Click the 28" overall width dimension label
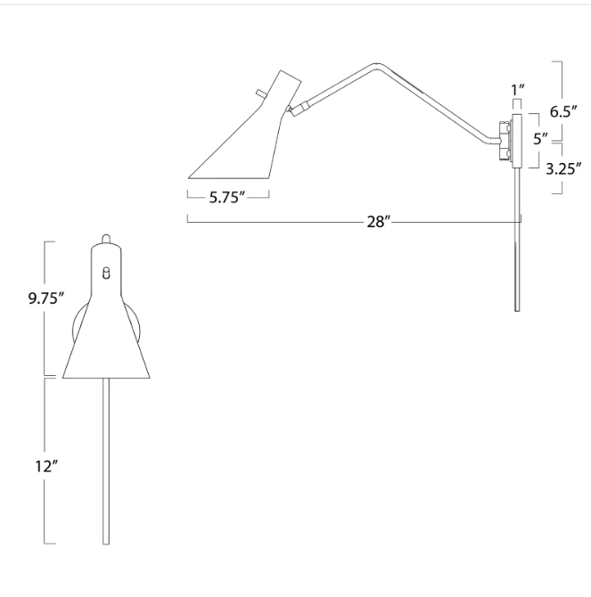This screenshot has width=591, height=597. (379, 221)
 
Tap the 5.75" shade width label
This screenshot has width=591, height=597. (226, 197)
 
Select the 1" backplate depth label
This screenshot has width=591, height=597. (518, 90)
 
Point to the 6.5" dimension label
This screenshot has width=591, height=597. (563, 111)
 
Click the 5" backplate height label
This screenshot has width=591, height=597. (541, 139)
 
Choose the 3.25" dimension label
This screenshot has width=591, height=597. (563, 168)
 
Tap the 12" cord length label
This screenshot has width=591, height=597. (46, 466)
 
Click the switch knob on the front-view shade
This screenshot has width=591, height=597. (106, 273)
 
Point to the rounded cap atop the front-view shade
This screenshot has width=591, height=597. (106, 239)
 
